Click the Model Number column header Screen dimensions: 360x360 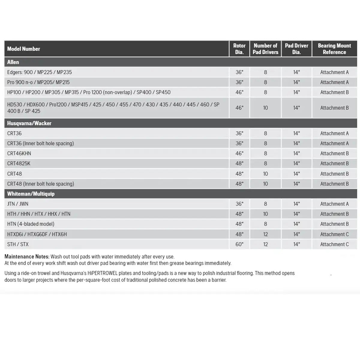point(24,49)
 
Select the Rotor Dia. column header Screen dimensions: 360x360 point(239,49)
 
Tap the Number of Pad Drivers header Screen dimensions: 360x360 point(265,49)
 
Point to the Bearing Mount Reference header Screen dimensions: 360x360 point(334,49)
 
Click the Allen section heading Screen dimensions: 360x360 point(13,62)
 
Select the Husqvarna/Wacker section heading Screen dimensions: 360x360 point(29,123)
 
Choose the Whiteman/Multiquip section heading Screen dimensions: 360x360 point(31,194)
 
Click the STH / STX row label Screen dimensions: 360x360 point(18,244)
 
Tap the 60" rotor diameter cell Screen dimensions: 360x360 point(239,244)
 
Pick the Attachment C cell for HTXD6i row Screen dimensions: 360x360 point(334,234)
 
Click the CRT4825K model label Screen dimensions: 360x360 point(19,163)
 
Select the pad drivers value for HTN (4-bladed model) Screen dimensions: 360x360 point(265,224)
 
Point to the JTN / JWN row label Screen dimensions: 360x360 point(18,204)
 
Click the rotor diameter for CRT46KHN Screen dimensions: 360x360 point(239,154)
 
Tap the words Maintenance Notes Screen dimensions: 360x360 point(27,257)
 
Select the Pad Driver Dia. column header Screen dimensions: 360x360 point(296,49)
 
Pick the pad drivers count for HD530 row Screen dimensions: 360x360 point(265,108)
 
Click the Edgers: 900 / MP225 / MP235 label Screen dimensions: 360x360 point(40,72)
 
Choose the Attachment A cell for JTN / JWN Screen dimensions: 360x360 point(334,204)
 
